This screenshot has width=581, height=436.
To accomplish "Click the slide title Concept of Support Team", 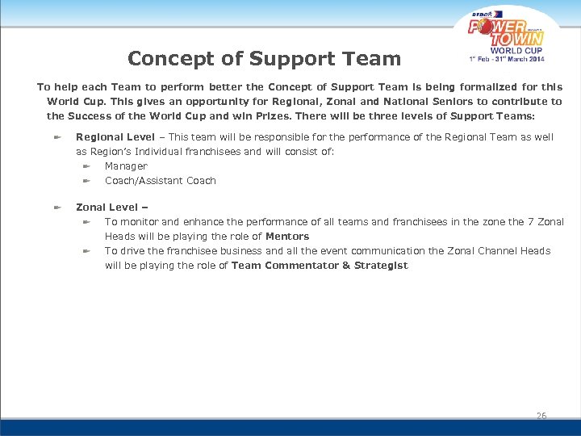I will (x=264, y=59).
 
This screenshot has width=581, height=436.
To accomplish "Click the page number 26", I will (x=541, y=416).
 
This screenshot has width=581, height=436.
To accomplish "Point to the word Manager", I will (x=126, y=166).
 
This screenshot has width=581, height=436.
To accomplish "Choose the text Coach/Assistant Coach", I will (x=161, y=181).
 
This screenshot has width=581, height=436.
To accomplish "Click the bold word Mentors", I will (x=287, y=237).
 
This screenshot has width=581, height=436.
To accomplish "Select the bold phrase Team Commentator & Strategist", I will (x=320, y=266).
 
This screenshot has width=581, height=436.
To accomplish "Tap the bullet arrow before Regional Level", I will (x=57, y=137).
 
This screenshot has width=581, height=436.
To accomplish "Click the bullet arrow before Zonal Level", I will (x=57, y=208).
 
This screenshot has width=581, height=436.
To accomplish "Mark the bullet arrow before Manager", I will (x=86, y=166).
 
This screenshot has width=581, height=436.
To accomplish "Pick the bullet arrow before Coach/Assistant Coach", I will (x=86, y=181).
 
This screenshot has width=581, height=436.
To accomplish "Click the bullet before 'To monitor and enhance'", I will (x=86, y=222).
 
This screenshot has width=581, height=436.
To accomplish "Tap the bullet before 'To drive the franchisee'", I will (x=86, y=251).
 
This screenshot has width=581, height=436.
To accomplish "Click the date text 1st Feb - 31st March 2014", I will (x=507, y=58).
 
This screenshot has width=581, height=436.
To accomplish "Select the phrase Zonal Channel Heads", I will (x=495, y=251).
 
